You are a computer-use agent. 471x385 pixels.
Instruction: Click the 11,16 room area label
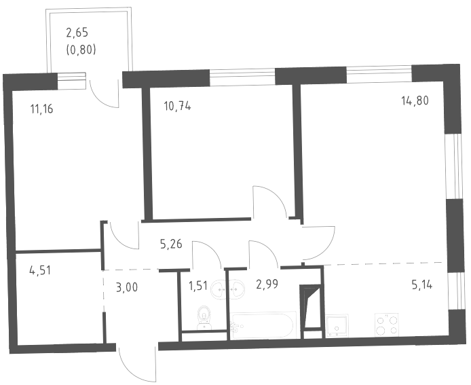point(42,109)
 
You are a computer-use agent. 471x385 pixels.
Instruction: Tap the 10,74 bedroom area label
point(177,106)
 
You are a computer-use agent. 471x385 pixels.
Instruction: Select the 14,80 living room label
point(415,100)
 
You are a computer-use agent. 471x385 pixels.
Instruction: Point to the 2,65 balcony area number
point(77,32)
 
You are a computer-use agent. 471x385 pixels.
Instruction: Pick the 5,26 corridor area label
point(171,244)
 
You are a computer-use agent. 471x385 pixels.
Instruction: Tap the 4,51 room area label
point(40,270)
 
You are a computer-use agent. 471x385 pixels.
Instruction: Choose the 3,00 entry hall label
point(127,287)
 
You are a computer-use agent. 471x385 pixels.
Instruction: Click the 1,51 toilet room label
point(197,285)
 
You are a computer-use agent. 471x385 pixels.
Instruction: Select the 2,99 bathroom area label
point(267,283)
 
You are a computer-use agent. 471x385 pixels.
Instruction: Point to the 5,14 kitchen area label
point(422,284)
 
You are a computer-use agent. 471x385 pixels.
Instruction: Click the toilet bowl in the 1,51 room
point(204,318)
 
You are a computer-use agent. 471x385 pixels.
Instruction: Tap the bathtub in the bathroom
point(263,325)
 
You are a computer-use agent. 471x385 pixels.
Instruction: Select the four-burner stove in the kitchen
point(387,325)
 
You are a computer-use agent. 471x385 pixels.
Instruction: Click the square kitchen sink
point(337,325)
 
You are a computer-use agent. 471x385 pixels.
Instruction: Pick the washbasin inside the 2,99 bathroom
point(237,289)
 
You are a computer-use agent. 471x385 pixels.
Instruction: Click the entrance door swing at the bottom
point(138,364)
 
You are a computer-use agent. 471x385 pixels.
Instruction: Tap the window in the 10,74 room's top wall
point(242,77)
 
